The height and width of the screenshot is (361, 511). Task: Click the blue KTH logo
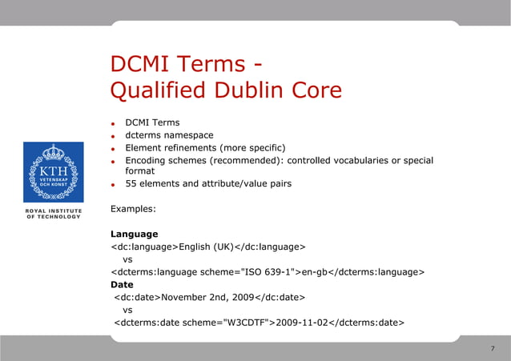click(53, 172)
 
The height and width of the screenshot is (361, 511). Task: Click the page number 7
click(492, 349)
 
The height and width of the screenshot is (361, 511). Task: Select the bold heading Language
click(134, 234)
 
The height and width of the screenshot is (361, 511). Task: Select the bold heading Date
click(122, 284)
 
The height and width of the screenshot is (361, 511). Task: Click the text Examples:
click(133, 209)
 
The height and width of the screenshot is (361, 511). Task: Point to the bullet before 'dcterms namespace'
click(115, 136)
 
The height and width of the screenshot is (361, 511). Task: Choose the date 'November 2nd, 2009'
click(207, 297)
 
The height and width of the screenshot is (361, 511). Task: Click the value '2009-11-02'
click(302, 323)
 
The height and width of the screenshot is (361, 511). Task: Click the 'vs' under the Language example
click(127, 259)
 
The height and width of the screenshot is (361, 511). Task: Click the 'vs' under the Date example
click(127, 310)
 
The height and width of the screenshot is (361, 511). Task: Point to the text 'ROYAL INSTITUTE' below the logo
click(53, 211)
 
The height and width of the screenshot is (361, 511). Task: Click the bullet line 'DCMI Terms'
click(152, 122)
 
